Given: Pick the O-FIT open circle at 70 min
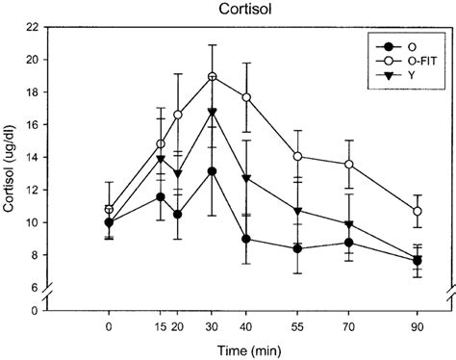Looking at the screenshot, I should [x=348, y=164].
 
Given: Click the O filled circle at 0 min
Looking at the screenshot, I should [x=110, y=222].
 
